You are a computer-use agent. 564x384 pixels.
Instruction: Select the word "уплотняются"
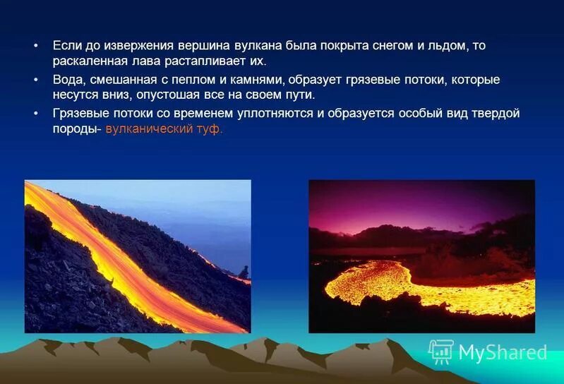point(276,113)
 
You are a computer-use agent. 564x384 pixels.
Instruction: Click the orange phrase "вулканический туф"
point(164,129)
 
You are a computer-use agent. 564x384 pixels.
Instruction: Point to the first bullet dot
point(35,46)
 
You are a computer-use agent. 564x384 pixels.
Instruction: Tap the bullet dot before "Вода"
point(35,80)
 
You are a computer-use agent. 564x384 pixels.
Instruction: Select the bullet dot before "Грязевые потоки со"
point(35,114)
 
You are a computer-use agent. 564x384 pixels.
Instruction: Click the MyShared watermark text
point(503,352)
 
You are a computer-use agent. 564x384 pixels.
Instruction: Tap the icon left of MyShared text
point(441,351)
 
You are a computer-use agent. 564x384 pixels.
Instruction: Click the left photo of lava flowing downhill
point(138,256)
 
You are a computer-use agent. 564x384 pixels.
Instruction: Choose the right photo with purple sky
point(421,256)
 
